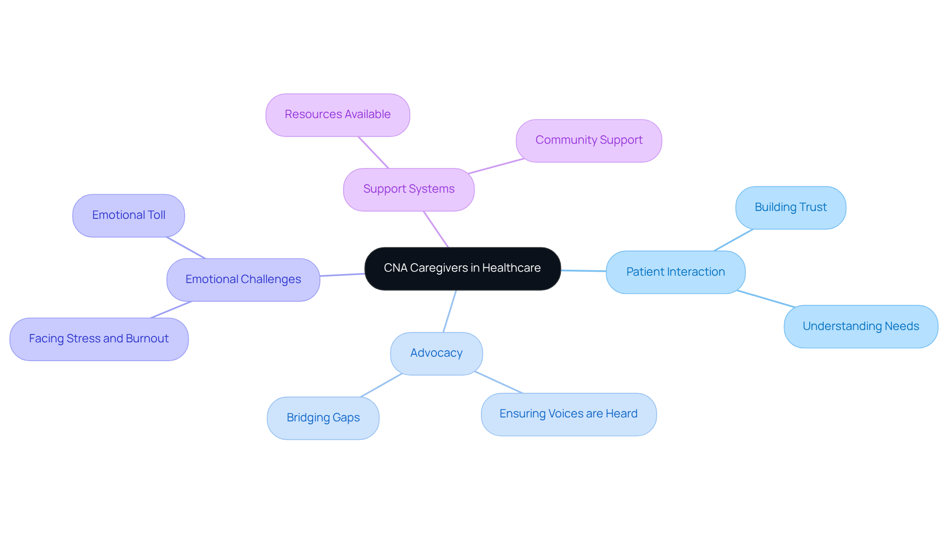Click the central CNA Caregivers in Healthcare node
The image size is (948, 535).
[x=462, y=268]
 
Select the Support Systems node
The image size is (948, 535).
[x=409, y=189]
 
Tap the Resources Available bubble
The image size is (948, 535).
[x=338, y=115]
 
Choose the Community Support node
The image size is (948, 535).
[x=589, y=140]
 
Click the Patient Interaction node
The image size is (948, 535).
[x=675, y=272]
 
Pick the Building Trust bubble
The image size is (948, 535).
[x=790, y=207]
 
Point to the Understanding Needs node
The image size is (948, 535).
[x=860, y=327]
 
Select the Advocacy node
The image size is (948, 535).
[x=436, y=353]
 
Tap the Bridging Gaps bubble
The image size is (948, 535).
[x=323, y=418]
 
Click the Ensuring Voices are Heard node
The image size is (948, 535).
[x=568, y=414]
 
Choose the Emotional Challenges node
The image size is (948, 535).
[x=243, y=280]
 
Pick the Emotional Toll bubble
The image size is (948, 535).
[x=128, y=215]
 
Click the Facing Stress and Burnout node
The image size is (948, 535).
[x=99, y=339]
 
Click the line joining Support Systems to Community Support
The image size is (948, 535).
[x=495, y=166]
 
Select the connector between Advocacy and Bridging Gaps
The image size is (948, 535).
[x=381, y=385]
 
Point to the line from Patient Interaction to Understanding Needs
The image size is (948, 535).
[x=765, y=299]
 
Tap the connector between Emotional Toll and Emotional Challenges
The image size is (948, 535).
[x=186, y=247]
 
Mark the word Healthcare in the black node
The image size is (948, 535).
[x=511, y=268]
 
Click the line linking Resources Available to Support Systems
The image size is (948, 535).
[x=373, y=153]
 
